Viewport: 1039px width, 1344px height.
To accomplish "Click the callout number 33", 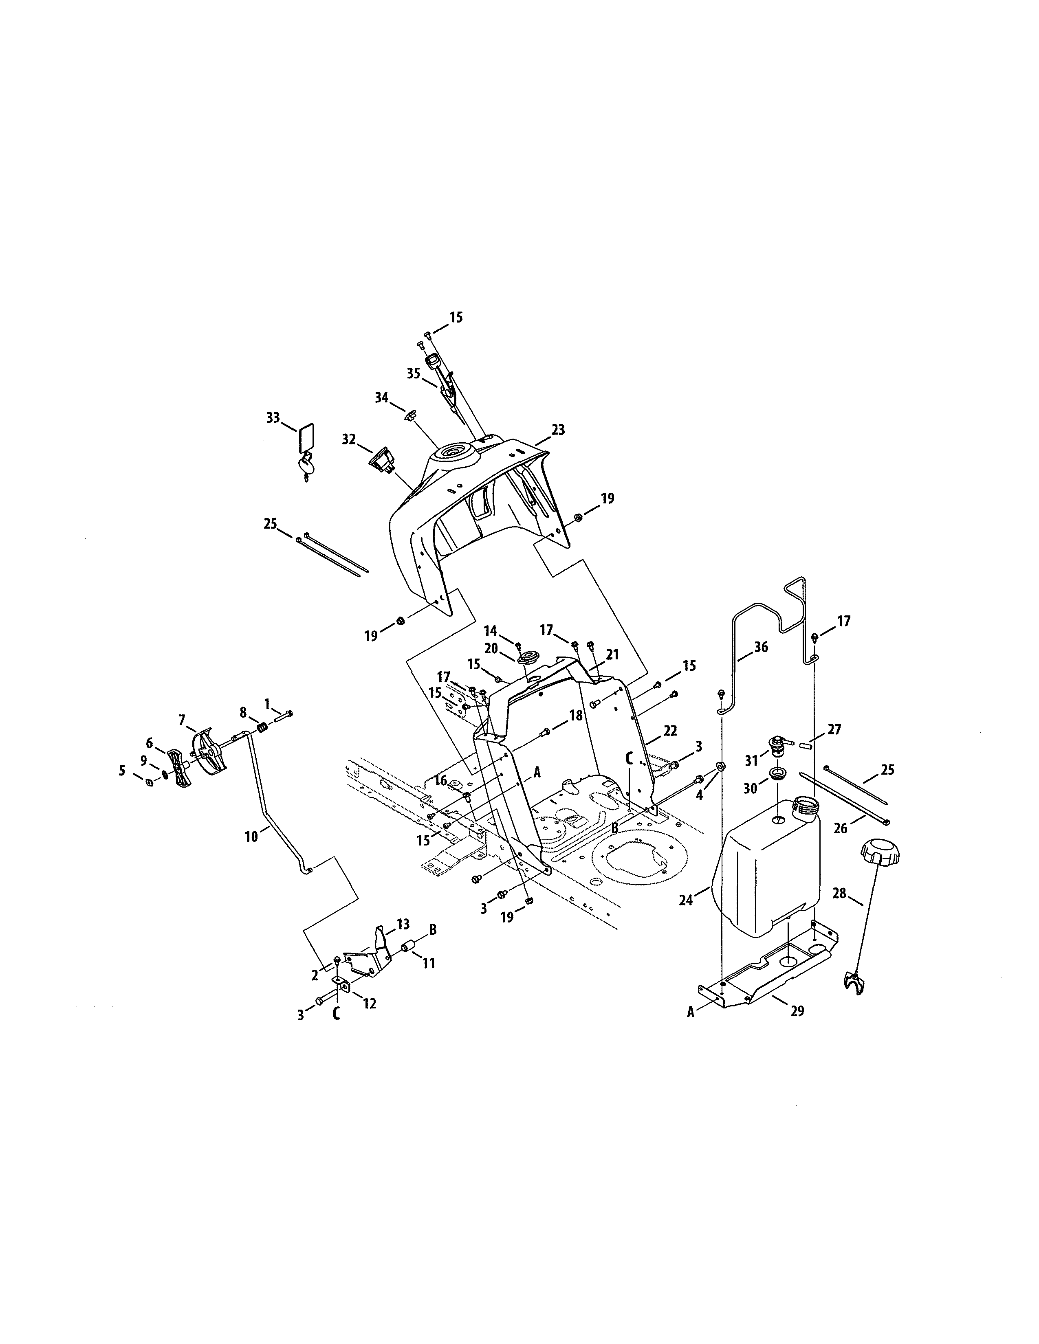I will point(273,418).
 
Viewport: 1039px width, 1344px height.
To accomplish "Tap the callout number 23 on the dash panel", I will point(558,430).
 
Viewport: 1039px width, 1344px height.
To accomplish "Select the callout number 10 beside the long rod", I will point(252,837).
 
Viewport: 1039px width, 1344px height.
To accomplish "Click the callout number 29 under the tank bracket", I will point(797,1011).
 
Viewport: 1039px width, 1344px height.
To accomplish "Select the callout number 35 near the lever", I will point(414,373).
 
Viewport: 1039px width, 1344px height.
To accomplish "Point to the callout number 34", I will point(382,397).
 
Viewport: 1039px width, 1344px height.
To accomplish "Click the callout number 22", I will point(670,731).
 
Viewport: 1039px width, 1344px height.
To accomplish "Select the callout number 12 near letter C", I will point(369,1003).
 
